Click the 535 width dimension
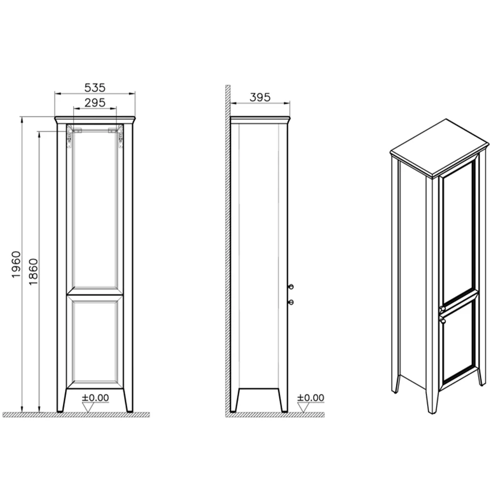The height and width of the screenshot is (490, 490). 95,88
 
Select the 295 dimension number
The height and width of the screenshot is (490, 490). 95,102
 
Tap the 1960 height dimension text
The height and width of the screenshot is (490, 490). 16,265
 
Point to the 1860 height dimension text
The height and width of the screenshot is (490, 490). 33,271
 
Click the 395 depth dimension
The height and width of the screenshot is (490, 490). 260,98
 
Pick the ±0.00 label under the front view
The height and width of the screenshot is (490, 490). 96,398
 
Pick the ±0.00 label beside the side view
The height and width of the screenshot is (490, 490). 311,398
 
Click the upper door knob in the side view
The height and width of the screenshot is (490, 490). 291,287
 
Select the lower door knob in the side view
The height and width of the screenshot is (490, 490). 291,302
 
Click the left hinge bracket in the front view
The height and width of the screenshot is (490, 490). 70,136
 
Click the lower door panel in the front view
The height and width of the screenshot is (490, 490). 95,342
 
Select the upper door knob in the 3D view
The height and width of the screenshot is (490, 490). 442,309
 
